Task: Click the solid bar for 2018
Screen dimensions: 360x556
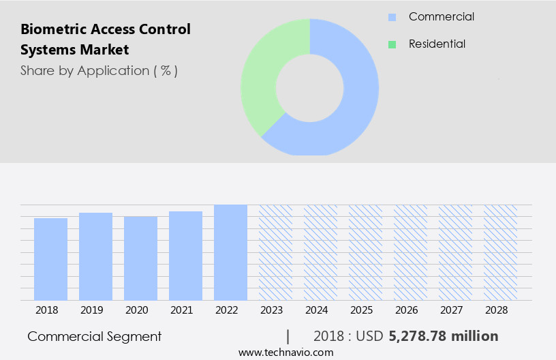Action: pos(50,259)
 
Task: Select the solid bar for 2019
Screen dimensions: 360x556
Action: pos(95,256)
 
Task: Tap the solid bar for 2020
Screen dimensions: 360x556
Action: pos(140,258)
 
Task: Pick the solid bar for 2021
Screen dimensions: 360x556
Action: pos(185,256)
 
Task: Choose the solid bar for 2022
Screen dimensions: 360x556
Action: pos(230,252)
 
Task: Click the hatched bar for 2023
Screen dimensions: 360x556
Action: pos(275,252)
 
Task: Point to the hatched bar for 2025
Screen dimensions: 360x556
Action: pos(365,252)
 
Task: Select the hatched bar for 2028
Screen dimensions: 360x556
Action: pos(500,252)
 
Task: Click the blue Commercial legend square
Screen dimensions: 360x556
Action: pos(392,17)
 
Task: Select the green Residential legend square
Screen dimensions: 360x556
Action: pos(392,44)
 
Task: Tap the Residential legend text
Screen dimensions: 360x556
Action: pos(437,44)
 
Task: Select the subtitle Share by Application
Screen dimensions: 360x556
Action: pos(99,70)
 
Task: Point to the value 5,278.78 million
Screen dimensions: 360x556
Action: pos(444,336)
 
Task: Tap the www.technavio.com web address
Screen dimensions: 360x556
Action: pos(286,352)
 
